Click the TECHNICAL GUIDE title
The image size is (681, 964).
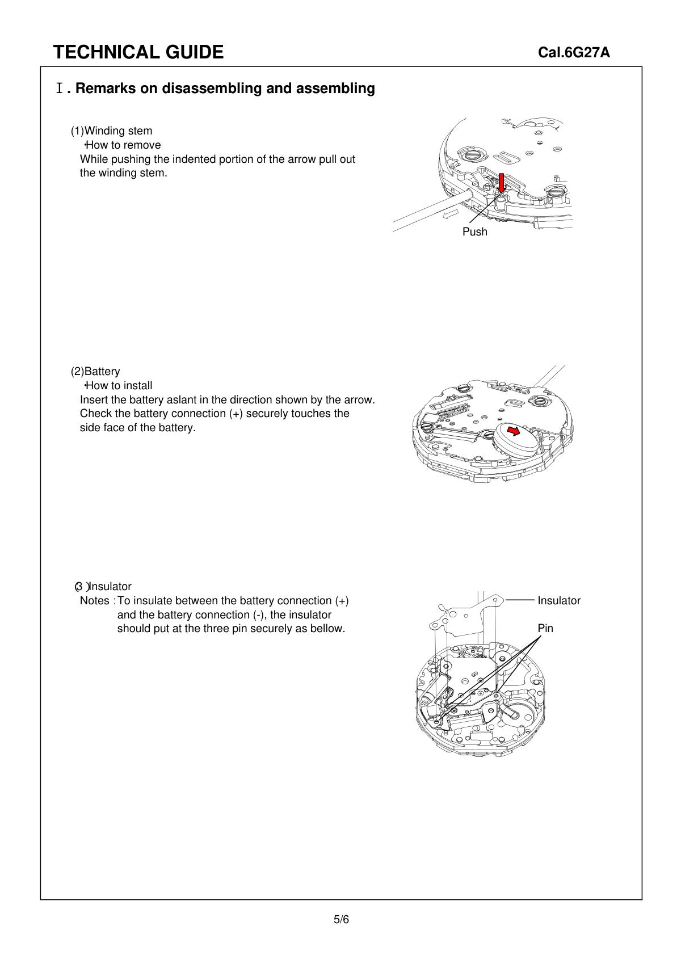[x=138, y=52]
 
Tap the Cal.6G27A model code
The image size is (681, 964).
[x=574, y=53]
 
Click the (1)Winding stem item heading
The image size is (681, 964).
[x=111, y=131]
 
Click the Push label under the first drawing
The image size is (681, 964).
[x=474, y=232]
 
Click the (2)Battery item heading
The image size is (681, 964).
[x=95, y=372]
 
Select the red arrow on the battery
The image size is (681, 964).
[x=513, y=431]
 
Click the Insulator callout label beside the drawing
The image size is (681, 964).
[x=558, y=600]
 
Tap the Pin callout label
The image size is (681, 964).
[x=545, y=628]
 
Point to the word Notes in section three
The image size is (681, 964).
[x=94, y=601]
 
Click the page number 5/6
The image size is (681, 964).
[x=341, y=920]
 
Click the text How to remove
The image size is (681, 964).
[x=123, y=145]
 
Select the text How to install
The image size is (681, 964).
[x=119, y=386]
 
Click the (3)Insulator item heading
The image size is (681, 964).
[x=103, y=587]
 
